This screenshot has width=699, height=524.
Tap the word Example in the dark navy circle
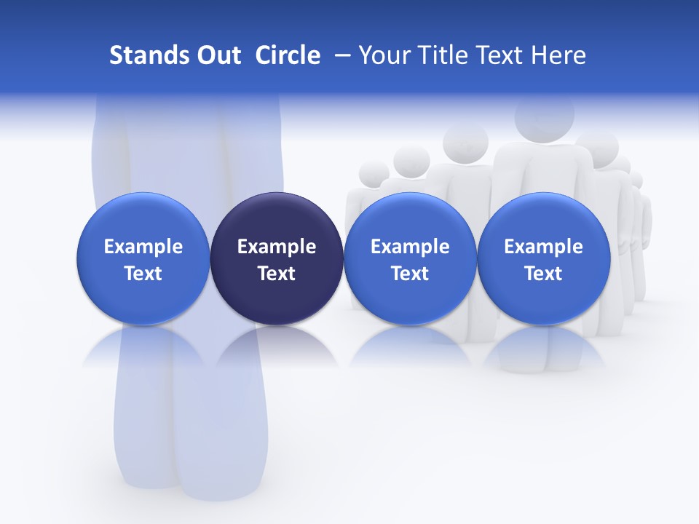277,247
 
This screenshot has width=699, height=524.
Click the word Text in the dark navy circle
277,274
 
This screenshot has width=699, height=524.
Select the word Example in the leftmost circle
143,247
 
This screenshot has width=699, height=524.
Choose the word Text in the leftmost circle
143,274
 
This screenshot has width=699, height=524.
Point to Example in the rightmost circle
543,247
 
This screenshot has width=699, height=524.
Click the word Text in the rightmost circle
543,274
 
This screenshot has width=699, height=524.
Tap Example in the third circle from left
410,247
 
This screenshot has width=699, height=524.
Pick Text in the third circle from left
410,274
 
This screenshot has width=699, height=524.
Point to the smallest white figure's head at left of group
374,173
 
